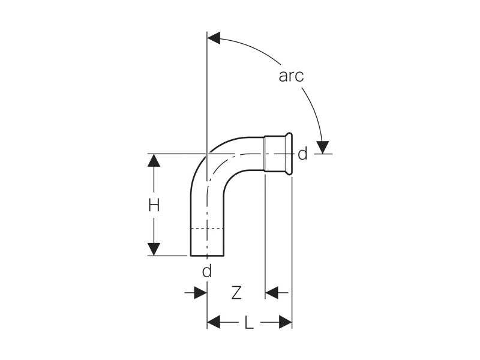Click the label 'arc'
291,76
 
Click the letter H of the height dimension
154,205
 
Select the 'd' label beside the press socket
302,154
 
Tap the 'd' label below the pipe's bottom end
206,271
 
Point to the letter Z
236,293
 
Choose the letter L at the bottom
248,324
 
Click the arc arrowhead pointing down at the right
323,146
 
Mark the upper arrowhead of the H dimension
154,160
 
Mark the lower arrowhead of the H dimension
154,249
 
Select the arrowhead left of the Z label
200,293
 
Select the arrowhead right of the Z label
272,293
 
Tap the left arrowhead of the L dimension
214,323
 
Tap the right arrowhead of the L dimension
285,323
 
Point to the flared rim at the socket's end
289,154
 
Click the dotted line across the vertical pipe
206,229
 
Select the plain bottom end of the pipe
206,254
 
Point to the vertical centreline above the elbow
206,90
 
